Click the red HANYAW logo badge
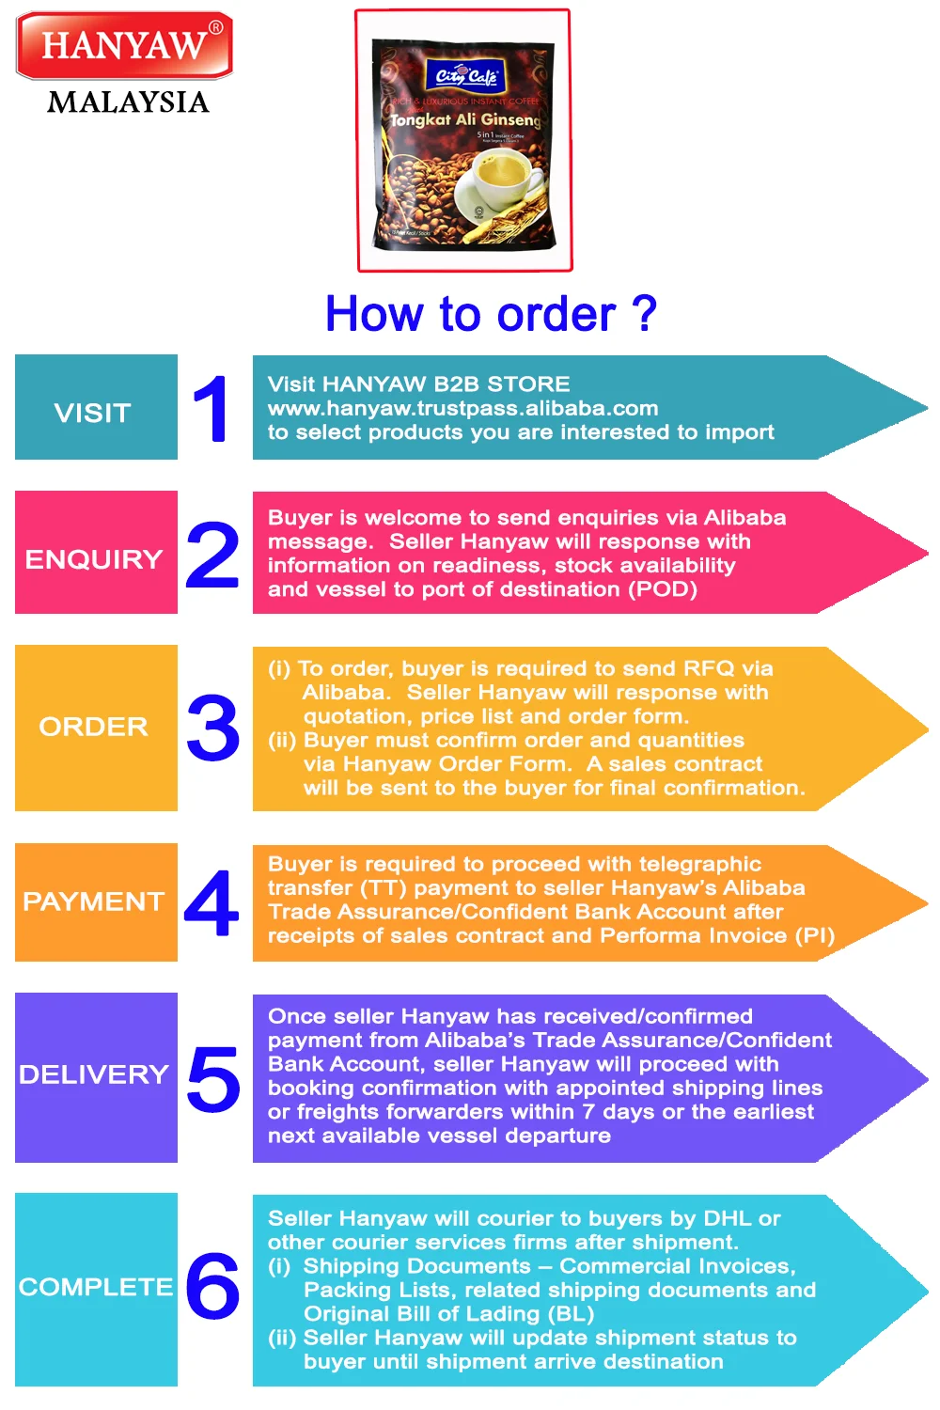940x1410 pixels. click(x=124, y=45)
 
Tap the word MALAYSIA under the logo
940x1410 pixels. click(x=128, y=102)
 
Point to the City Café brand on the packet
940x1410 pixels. click(x=466, y=76)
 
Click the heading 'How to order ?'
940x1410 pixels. click(x=491, y=314)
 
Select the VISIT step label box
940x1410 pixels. click(x=96, y=408)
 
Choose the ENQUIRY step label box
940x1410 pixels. click(x=96, y=553)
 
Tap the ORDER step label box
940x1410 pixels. click(x=96, y=728)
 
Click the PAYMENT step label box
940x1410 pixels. click(x=96, y=902)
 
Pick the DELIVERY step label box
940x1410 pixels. click(x=96, y=1077)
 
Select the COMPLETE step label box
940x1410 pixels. click(x=96, y=1289)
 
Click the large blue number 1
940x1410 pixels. click(x=211, y=408)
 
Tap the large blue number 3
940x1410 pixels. click(x=213, y=728)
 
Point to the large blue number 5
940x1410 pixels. click(x=213, y=1078)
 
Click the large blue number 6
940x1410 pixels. click(x=212, y=1285)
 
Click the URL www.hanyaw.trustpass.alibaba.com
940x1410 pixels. click(x=462, y=408)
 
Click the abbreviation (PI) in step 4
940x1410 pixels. click(x=815, y=935)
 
